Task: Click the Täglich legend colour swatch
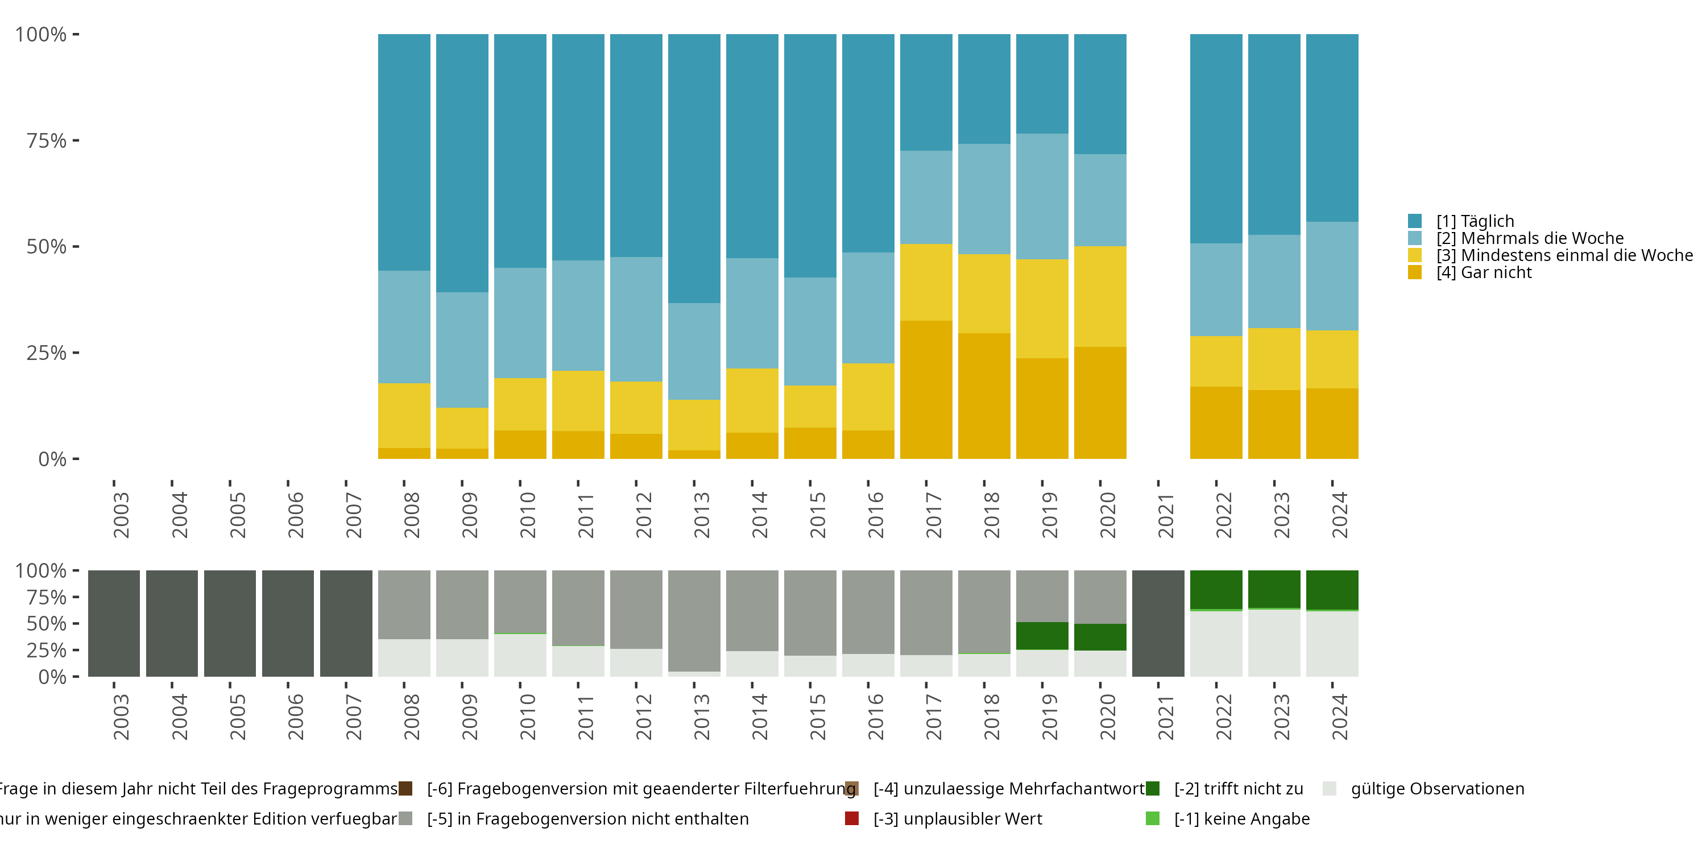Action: (x=1415, y=221)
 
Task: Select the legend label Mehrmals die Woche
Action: (x=1530, y=238)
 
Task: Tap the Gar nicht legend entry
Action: (x=1484, y=273)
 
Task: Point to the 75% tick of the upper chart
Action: (x=47, y=140)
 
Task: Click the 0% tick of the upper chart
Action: (x=52, y=459)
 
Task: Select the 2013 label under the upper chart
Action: (x=701, y=515)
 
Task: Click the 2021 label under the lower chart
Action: (x=1166, y=717)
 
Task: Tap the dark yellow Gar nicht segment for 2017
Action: (x=926, y=390)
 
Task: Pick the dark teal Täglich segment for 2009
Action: (x=462, y=163)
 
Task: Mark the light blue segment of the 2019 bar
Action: (x=1042, y=196)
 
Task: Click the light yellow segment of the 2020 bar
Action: (x=1100, y=296)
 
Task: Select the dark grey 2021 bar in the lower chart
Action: (x=1158, y=623)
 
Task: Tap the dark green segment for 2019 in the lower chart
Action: (x=1042, y=636)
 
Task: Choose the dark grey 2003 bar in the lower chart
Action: (x=114, y=623)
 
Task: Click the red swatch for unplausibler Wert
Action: (x=852, y=818)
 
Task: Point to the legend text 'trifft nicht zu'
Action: (x=1239, y=789)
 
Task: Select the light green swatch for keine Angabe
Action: (x=1152, y=818)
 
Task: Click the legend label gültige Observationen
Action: (x=1437, y=789)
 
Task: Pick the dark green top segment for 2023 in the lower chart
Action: (x=1274, y=589)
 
